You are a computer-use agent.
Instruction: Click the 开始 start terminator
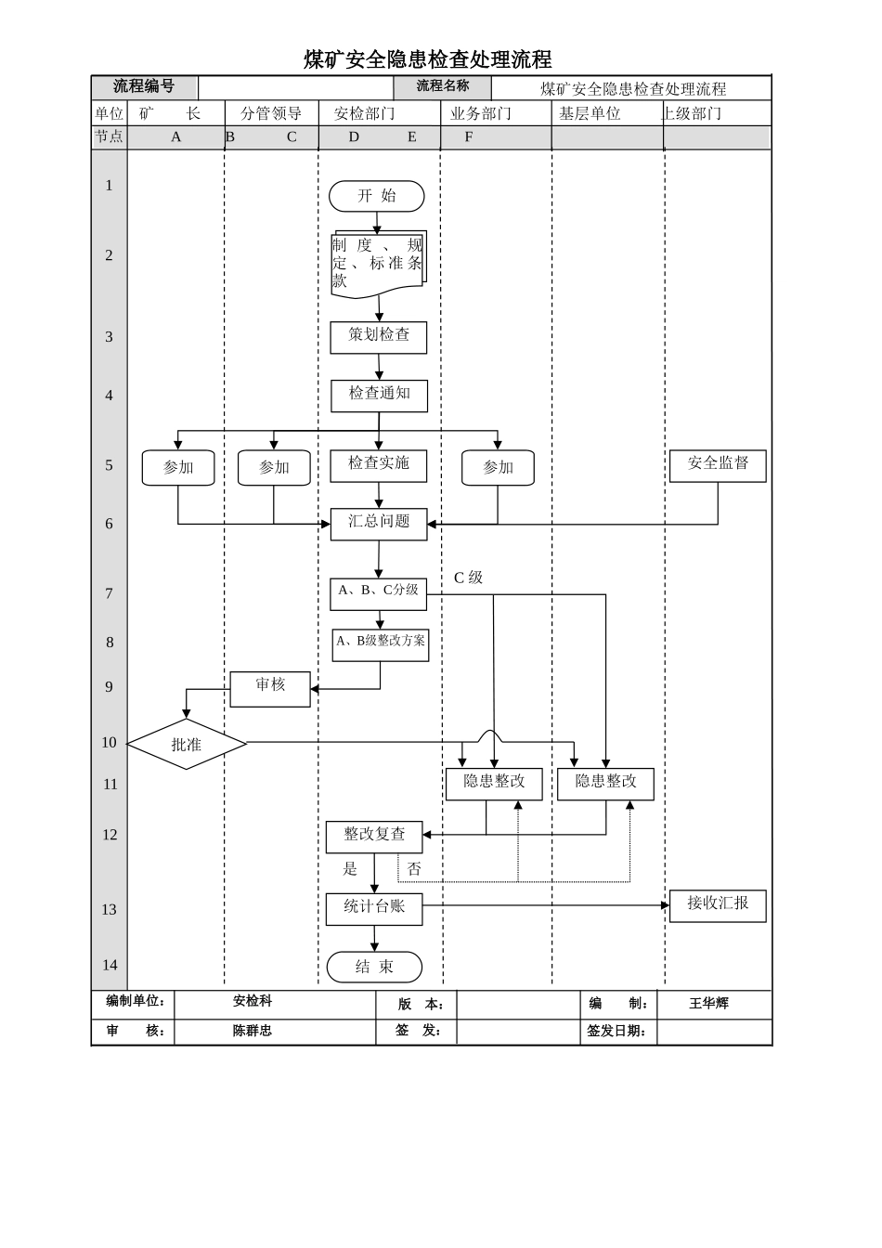tap(376, 196)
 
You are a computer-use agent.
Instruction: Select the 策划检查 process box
tap(379, 337)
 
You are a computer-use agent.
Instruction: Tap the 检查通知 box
tap(379, 396)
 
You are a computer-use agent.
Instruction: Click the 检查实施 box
tap(379, 465)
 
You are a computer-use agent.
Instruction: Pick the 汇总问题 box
tap(379, 524)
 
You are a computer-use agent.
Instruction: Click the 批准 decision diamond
tap(187, 745)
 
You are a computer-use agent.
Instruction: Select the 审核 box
tap(270, 689)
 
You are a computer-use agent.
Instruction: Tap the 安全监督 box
tap(718, 465)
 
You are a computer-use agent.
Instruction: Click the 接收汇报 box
tap(718, 905)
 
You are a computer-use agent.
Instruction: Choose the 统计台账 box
tap(374, 908)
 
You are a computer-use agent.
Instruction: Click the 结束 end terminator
tap(374, 967)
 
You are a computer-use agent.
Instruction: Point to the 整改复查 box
tap(374, 837)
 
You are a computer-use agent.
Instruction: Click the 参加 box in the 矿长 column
tap(178, 468)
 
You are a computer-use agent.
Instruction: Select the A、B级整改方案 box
tap(381, 643)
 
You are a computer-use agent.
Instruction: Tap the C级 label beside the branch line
tap(468, 578)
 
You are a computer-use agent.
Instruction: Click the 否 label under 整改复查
tap(414, 869)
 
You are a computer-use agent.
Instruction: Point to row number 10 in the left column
tap(110, 742)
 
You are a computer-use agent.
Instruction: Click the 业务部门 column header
tap(480, 113)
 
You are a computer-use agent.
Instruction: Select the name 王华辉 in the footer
tap(708, 1004)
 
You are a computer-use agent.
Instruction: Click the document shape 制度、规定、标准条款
tap(377, 264)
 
